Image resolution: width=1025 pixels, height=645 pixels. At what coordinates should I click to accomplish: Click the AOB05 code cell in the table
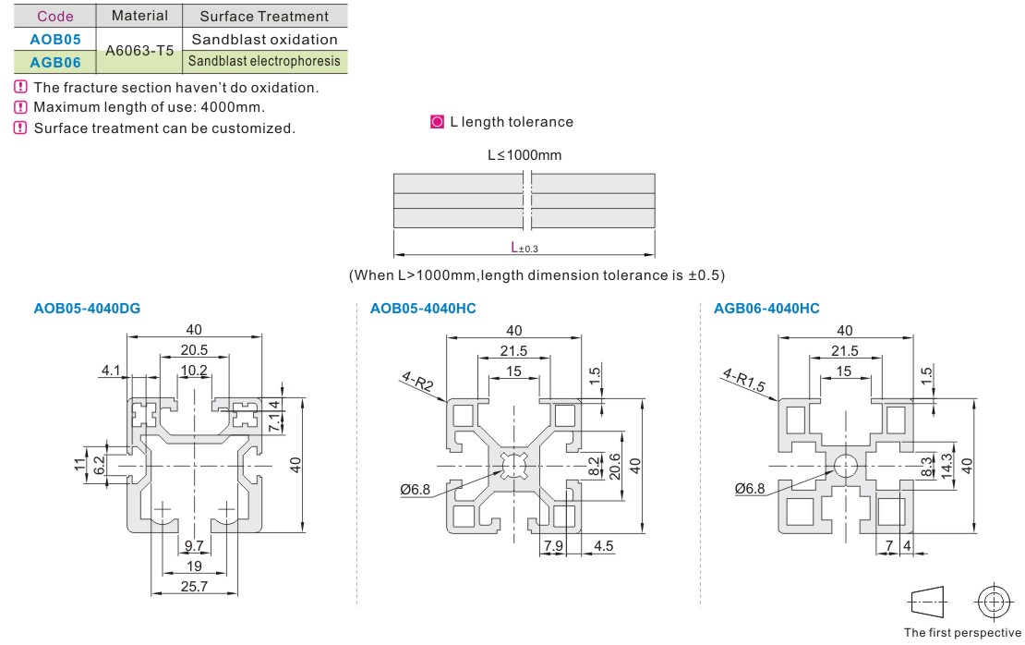coord(54,39)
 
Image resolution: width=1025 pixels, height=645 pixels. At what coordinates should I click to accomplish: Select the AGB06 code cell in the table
coord(54,62)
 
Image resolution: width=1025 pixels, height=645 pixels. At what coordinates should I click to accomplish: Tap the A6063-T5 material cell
coord(139,51)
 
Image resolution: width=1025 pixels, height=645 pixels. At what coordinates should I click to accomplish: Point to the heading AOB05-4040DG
coord(88,309)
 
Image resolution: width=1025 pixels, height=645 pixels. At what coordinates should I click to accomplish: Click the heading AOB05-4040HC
coord(423,309)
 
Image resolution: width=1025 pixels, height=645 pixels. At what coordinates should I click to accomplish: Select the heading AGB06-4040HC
coord(766,309)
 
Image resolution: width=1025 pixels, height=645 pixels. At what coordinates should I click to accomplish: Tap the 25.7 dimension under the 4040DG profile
coord(194,586)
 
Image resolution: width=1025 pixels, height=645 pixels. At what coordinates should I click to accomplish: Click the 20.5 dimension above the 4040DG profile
coord(194,350)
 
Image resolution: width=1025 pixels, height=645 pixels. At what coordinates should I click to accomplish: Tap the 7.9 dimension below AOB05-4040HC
coord(553,545)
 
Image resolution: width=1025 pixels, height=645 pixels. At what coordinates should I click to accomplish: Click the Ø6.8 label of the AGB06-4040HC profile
coord(750,489)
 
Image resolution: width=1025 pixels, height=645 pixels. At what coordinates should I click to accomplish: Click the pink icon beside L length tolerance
coord(438,122)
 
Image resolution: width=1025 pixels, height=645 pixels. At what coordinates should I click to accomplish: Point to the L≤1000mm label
coord(525,155)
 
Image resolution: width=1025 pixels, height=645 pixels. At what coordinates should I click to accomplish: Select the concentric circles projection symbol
coord(994,602)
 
